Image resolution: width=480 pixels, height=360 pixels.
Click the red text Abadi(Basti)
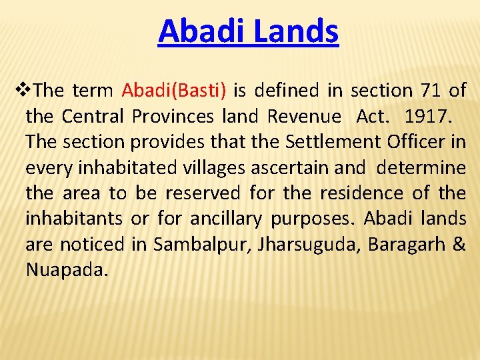[x=174, y=90]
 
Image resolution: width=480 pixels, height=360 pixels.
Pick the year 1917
[x=428, y=116]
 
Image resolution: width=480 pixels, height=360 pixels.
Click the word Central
[x=92, y=116]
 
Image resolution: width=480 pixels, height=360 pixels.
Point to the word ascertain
[x=284, y=168]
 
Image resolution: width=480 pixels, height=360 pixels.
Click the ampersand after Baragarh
[x=459, y=245]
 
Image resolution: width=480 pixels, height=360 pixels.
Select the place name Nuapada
[x=66, y=270]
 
